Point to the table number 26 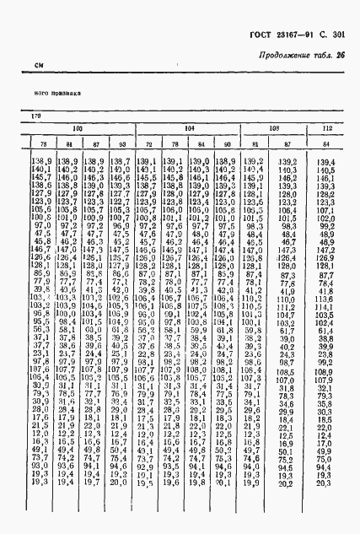click(341, 57)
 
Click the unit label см click(39, 66)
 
